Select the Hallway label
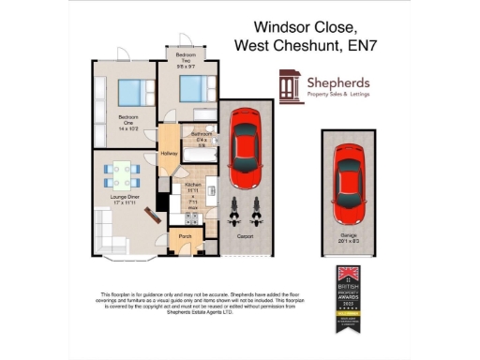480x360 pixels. tap(170, 153)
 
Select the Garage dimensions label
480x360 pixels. tap(348, 241)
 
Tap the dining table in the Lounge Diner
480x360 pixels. tap(122, 174)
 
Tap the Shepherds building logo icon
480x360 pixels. tap(289, 86)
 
